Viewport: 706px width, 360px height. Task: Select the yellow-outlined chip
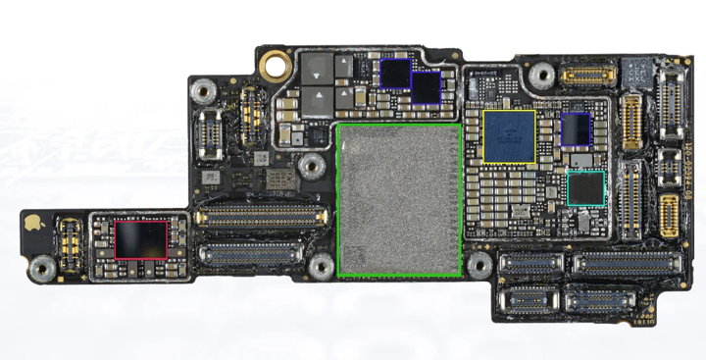coord(509,135)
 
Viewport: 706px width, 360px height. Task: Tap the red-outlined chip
coord(141,239)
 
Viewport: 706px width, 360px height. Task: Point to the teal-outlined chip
coord(585,187)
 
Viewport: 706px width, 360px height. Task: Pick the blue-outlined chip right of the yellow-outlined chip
coord(575,129)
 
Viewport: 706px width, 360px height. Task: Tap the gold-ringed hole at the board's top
coord(274,67)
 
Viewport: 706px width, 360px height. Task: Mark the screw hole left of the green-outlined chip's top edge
coord(312,164)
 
